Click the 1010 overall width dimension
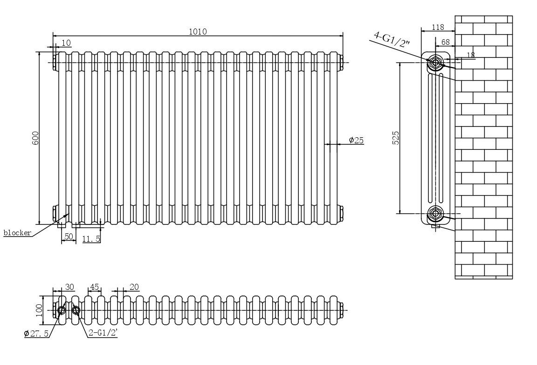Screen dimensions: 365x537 [198, 31]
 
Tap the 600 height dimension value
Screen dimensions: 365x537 [35, 138]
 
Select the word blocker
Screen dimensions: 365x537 [17, 232]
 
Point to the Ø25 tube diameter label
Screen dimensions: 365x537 [356, 140]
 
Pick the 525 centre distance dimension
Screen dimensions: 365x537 [396, 138]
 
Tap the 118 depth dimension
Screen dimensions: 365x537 [437, 28]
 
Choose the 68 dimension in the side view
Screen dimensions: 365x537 [446, 42]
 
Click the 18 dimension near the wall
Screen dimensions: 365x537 [470, 55]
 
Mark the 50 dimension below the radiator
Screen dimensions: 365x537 [69, 237]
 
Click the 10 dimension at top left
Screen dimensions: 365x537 [66, 43]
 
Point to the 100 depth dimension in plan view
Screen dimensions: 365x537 [39, 309]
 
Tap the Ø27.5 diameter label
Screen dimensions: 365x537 [36, 333]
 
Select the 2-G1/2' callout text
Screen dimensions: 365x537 [103, 333]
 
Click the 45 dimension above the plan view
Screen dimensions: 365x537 [95, 287]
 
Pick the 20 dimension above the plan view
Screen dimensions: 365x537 [134, 287]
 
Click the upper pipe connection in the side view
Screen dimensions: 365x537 [435, 62]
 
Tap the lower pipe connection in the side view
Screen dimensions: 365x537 [435, 214]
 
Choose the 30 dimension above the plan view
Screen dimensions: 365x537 [69, 287]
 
